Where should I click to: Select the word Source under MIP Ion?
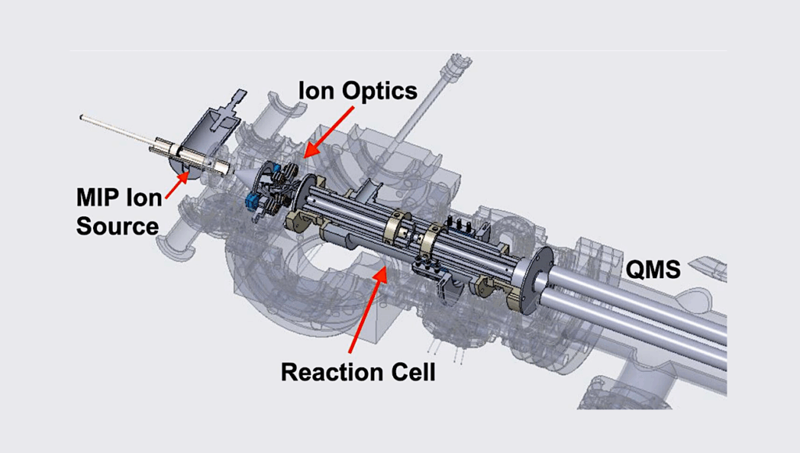(x=117, y=226)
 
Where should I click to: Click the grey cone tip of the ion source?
(x=244, y=179)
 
